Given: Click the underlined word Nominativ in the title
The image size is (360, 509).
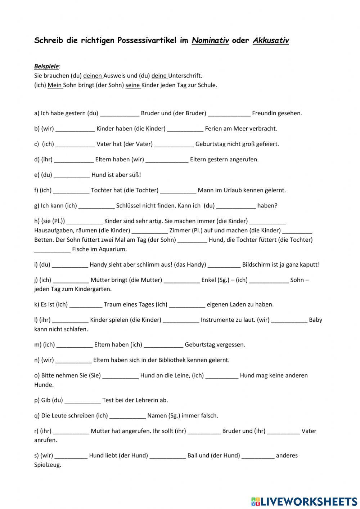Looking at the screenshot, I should (210, 40).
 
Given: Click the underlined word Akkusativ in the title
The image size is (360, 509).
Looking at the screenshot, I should (271, 40).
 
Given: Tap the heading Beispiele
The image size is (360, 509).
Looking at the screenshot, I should (46, 66).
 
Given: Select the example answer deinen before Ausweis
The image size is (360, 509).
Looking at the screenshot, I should (93, 76).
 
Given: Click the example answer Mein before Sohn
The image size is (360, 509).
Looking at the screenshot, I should (55, 85).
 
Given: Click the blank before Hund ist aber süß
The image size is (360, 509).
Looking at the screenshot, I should (72, 175).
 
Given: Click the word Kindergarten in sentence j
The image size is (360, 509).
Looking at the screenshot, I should (93, 289).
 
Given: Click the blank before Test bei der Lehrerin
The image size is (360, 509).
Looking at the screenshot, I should (82, 401).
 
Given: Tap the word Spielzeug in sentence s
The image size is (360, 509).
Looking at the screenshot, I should (48, 465).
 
